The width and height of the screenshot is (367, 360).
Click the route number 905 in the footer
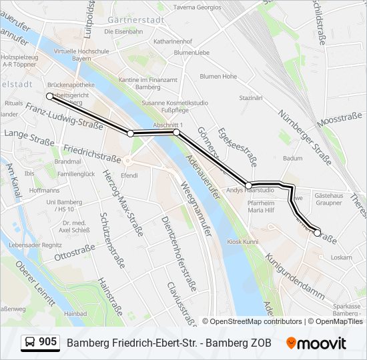pyautogui.click(x=47, y=342)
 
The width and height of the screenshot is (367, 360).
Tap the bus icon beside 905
pyautogui.click(x=30, y=343)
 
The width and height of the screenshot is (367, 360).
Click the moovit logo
pyautogui.click(x=316, y=343)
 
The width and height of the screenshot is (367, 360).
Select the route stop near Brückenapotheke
pyautogui.click(x=49, y=97)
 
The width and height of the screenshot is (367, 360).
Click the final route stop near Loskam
pyautogui.click(x=318, y=233)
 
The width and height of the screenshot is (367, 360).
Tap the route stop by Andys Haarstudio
pyautogui.click(x=248, y=185)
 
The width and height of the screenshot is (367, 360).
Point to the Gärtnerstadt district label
pyautogui.click(x=135, y=19)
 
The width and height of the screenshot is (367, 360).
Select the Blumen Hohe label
pyautogui.click(x=218, y=77)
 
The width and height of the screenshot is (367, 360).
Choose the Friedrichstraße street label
pyautogui.click(x=92, y=157)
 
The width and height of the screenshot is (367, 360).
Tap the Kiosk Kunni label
pyautogui.click(x=242, y=242)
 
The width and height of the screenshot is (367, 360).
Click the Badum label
pyautogui.click(x=292, y=159)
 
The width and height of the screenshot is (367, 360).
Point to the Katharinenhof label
pyautogui.click(x=173, y=41)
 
